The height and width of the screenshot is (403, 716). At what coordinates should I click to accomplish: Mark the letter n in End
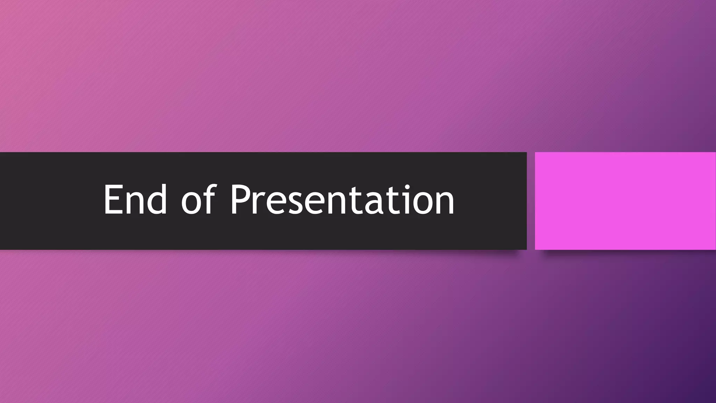[137, 204]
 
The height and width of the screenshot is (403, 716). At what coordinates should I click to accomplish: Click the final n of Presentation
[444, 204]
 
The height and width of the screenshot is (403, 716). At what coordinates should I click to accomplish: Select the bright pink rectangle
[625, 201]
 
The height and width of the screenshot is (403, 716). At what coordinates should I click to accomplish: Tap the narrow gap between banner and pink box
[531, 201]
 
